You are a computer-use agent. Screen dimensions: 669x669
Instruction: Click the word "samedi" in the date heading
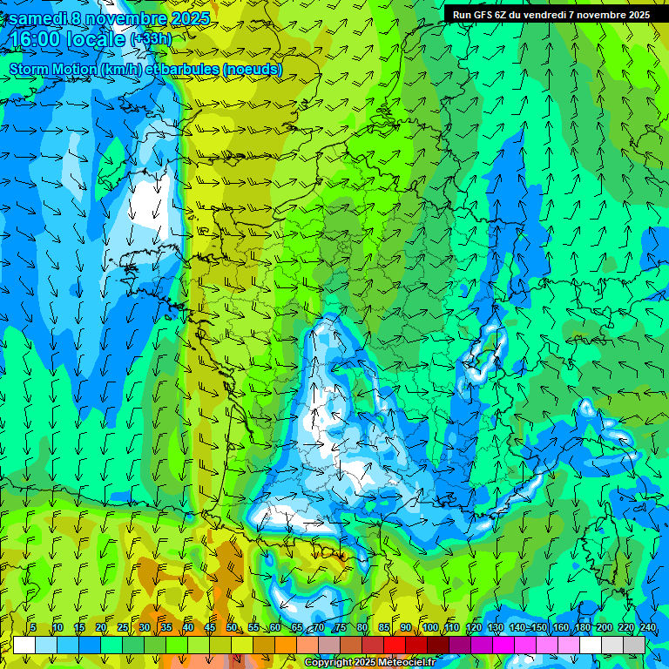coord(38,18)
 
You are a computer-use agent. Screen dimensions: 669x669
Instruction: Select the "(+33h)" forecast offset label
coord(151,39)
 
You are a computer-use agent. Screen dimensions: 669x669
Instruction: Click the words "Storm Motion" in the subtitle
coord(52,70)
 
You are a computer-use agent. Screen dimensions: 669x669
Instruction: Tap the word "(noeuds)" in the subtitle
coord(253,70)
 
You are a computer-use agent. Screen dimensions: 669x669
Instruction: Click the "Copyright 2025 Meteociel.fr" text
coord(369,663)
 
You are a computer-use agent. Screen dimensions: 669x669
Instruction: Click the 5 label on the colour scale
coord(32,627)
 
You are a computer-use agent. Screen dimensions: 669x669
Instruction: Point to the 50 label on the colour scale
coord(231,627)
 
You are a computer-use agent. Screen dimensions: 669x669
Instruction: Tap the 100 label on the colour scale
coord(429,627)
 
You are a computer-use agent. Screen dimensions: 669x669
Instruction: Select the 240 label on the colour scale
coord(647,627)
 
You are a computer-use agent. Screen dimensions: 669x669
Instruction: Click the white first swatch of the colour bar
coord(24,645)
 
